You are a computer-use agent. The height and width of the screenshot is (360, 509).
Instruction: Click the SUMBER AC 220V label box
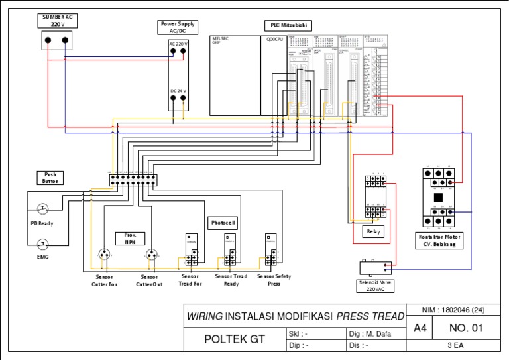(56, 20)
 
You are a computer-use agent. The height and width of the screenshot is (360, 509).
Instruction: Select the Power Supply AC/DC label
(178, 27)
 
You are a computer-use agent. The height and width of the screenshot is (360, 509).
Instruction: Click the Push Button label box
(50, 177)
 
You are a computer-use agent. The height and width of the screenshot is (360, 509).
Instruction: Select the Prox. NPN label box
(130, 238)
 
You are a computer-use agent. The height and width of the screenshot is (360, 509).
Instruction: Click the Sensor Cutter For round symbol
(104, 253)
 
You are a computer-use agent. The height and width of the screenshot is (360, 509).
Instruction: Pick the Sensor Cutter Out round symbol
(152, 253)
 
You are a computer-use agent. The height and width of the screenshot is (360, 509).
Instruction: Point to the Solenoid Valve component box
(375, 267)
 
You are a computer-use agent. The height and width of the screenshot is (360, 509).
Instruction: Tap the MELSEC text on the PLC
(220, 39)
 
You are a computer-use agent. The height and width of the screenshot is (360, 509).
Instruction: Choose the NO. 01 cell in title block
(468, 328)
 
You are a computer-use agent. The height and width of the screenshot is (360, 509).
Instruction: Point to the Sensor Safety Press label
(274, 280)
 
